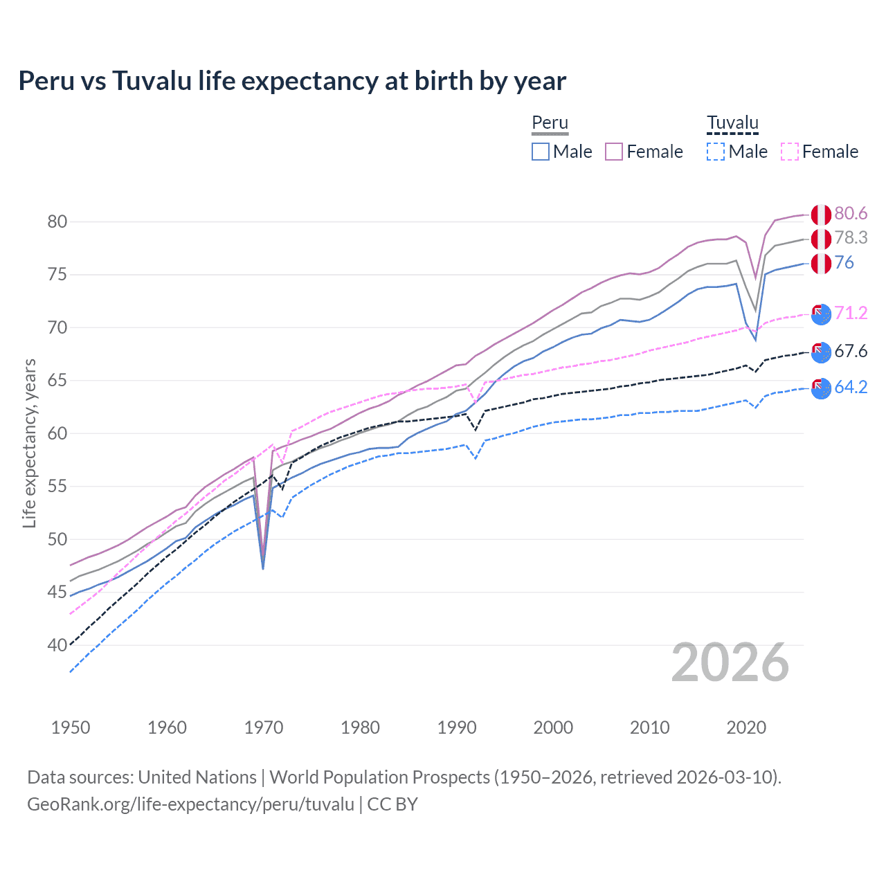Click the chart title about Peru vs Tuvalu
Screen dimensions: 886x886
[x=292, y=81]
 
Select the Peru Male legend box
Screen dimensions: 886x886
[x=541, y=152]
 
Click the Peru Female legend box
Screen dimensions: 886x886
[x=614, y=152]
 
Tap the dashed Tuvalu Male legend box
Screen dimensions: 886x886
[x=716, y=152]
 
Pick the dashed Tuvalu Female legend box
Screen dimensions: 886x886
[x=790, y=152]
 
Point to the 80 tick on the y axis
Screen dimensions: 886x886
[x=57, y=221]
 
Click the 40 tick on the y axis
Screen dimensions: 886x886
[x=57, y=645]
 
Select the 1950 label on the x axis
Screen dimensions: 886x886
[x=71, y=727]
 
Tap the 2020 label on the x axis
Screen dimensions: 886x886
[x=746, y=727]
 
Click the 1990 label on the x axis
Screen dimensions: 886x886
[x=457, y=727]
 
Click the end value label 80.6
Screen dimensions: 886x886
[x=851, y=213]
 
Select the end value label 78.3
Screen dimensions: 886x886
[x=851, y=237]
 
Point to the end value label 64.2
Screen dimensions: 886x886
[x=851, y=387]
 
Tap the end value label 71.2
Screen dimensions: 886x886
[x=851, y=313]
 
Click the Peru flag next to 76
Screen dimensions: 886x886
[x=821, y=264]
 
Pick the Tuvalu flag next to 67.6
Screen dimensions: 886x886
[x=821, y=352]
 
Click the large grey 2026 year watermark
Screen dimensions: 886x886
[x=730, y=662]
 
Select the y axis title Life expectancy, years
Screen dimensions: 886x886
[x=29, y=443]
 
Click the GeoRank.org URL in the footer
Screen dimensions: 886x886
[x=190, y=804]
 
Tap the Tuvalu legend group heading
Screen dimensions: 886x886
[x=732, y=123]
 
